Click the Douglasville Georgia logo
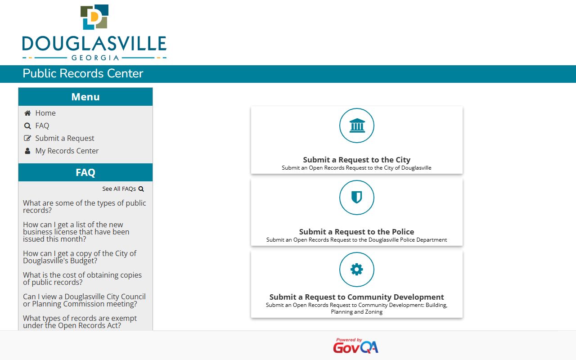pyautogui.click(x=94, y=33)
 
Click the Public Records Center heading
pyautogui.click(x=83, y=74)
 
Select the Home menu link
pyautogui.click(x=45, y=113)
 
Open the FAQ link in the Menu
pyautogui.click(x=42, y=126)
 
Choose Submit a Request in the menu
pyautogui.click(x=65, y=138)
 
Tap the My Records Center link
pyautogui.click(x=67, y=151)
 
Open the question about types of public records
pyautogui.click(x=85, y=207)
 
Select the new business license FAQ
pyautogui.click(x=76, y=232)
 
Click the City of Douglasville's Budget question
pyautogui.click(x=80, y=257)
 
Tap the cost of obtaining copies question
pyautogui.click(x=82, y=279)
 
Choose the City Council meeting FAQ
pyautogui.click(x=84, y=300)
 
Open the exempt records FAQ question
pyautogui.click(x=80, y=322)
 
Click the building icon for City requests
pyautogui.click(x=357, y=126)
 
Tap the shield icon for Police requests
pyautogui.click(x=357, y=198)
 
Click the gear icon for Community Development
pyautogui.click(x=357, y=270)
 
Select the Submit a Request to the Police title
pyautogui.click(x=356, y=232)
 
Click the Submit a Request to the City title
pyautogui.click(x=356, y=160)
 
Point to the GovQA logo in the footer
pyautogui.click(x=355, y=346)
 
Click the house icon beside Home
pyautogui.click(x=27, y=113)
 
